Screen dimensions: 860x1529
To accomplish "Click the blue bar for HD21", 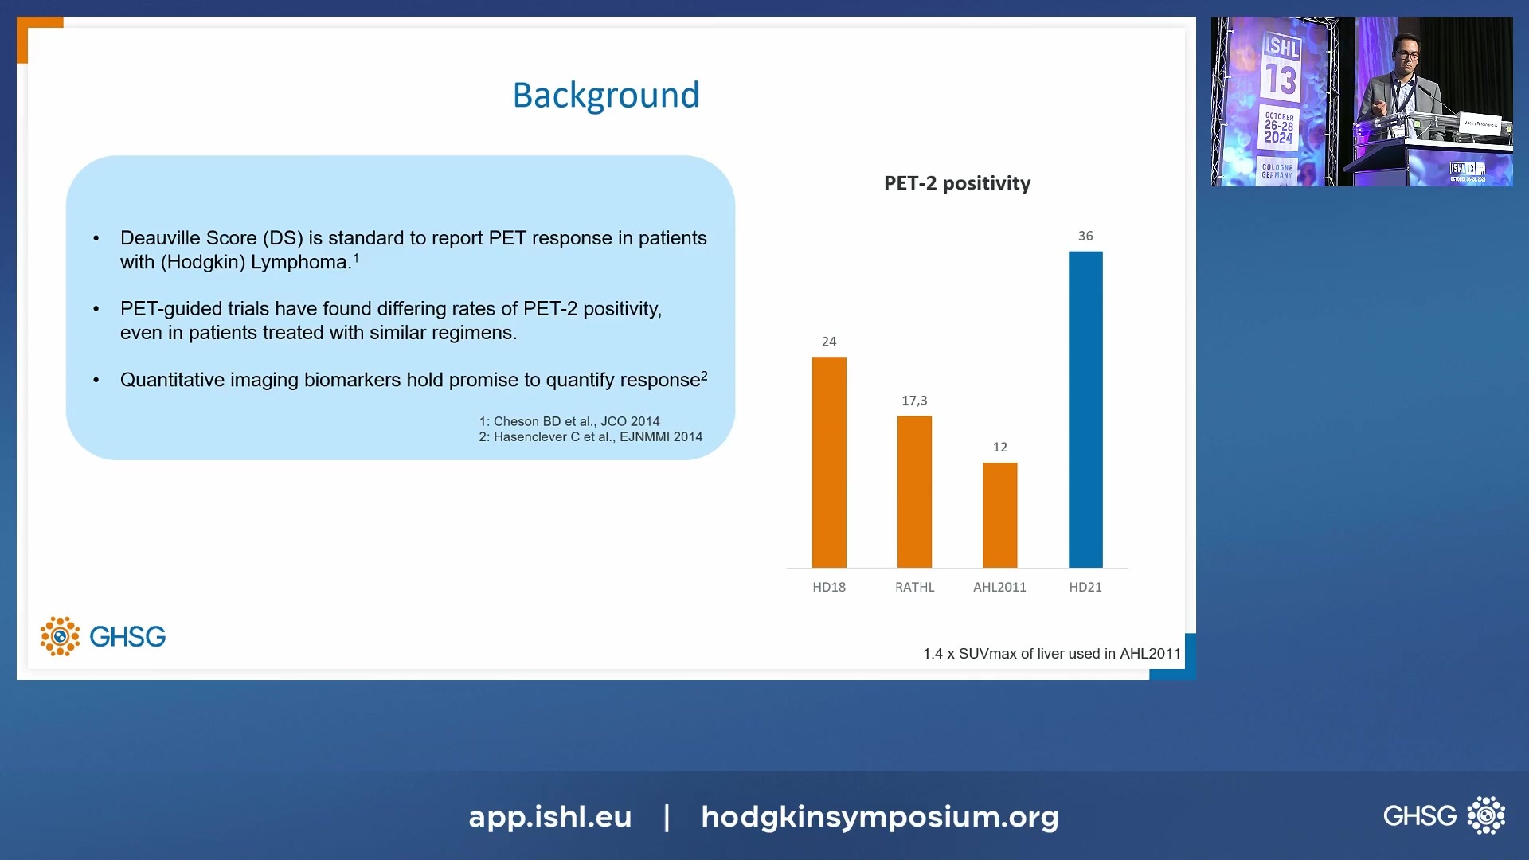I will (1085, 409).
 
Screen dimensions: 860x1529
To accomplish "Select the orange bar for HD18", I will (829, 462).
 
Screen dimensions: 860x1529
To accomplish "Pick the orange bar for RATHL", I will (914, 491).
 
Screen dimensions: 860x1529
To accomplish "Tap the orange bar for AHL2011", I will (999, 514).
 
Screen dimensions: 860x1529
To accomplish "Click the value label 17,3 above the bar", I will (914, 401).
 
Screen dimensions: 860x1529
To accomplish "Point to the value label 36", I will (1085, 236).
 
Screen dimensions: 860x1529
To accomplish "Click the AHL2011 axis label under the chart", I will (999, 587).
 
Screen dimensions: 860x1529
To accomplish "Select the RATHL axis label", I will (914, 587).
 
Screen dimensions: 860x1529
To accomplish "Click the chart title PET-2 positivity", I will (957, 183).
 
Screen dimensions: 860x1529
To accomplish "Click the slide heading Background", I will (605, 96).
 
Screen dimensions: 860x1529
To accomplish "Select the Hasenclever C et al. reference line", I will (590, 436).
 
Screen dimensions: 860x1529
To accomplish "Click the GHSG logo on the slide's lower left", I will (104, 636).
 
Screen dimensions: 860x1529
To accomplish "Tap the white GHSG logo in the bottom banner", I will (1443, 815).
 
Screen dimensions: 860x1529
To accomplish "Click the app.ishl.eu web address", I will (549, 816).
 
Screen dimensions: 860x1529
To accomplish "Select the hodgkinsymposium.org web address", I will (879, 816).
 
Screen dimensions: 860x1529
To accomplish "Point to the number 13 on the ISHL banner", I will (1281, 80).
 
